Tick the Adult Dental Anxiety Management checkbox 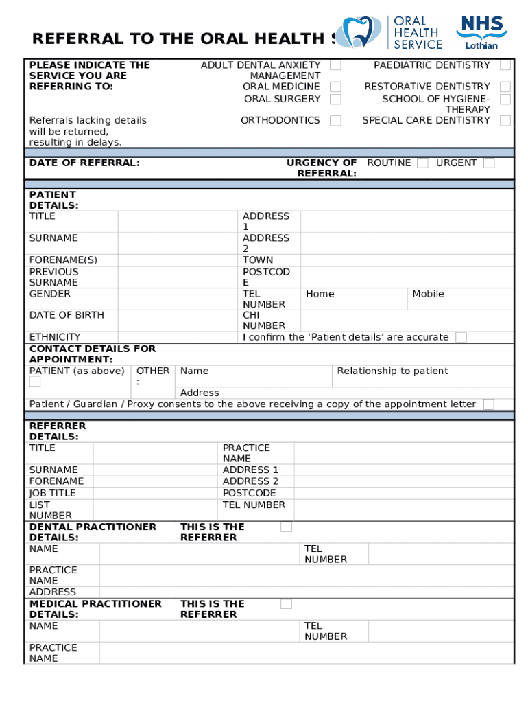[335, 65]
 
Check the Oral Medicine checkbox [335, 87]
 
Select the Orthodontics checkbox [335, 121]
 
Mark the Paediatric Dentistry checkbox [505, 65]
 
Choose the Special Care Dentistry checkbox [505, 121]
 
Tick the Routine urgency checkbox [422, 163]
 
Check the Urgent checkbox [489, 163]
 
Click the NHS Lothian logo [483, 33]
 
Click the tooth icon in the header [361, 32]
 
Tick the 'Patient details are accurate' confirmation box [461, 337]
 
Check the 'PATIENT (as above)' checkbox [35, 382]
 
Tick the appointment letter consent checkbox [488, 404]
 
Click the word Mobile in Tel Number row [428, 294]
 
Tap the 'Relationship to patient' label [392, 371]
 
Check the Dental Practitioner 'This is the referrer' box [286, 527]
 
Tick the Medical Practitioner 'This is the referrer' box [286, 604]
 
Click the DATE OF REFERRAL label [84, 163]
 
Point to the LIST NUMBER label [50, 510]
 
